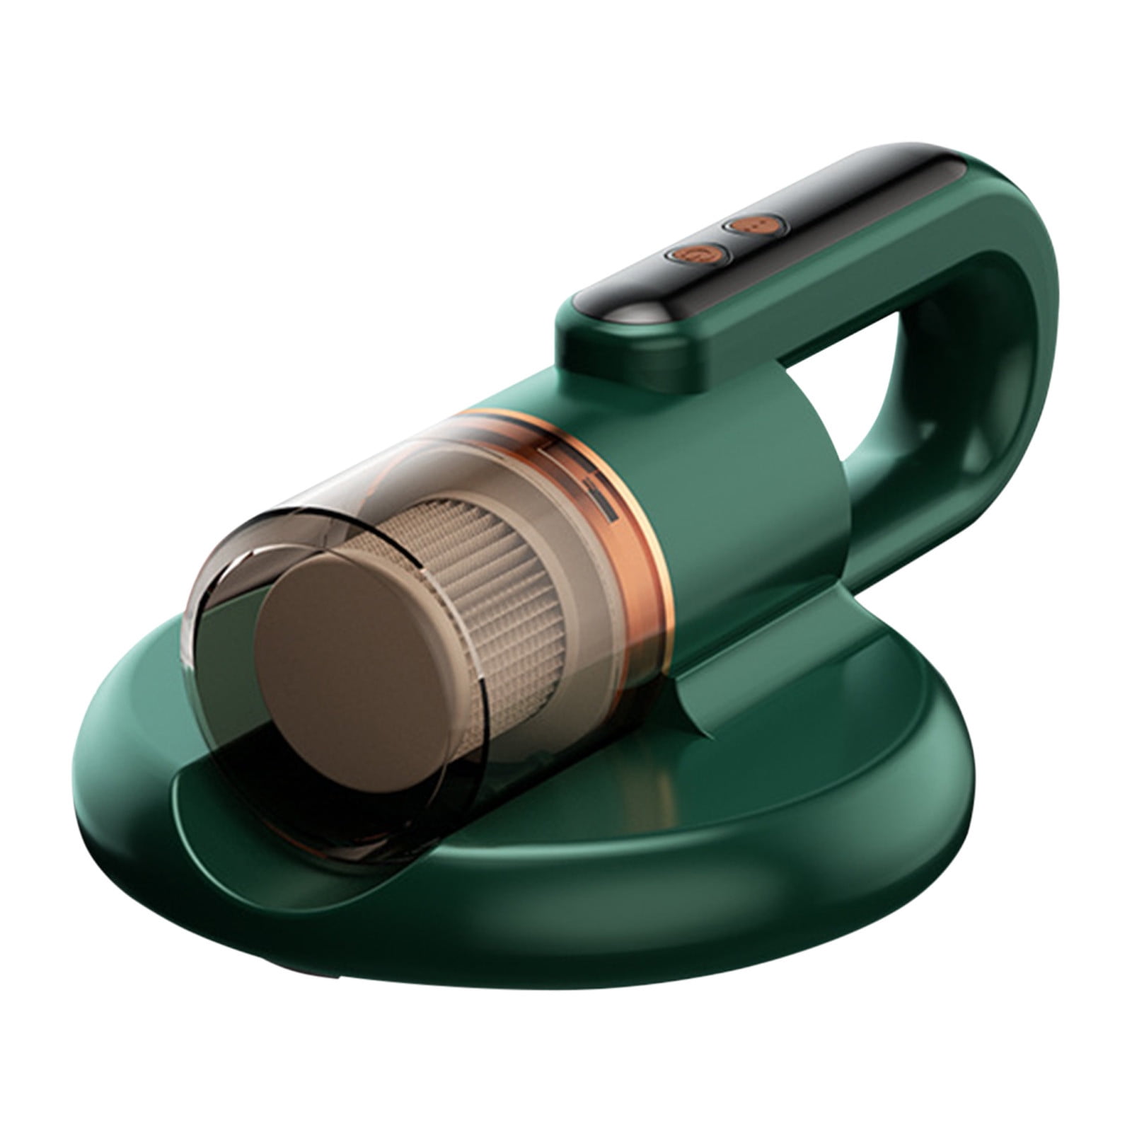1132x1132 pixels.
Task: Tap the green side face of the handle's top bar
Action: click(814, 325)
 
